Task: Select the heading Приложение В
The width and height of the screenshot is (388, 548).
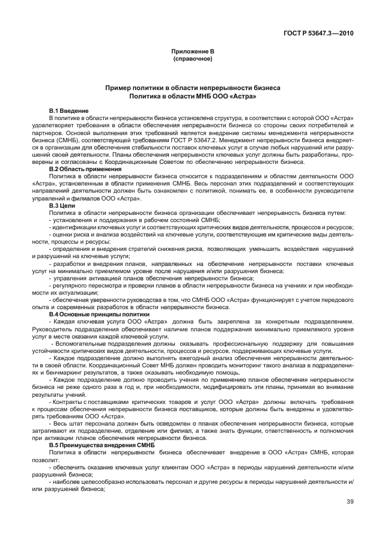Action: click(193, 52)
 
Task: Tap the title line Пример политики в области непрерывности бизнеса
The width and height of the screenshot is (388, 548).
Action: click(193, 88)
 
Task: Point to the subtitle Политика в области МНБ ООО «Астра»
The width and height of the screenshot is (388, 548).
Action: click(193, 96)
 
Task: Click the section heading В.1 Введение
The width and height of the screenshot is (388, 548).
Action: click(68, 111)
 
